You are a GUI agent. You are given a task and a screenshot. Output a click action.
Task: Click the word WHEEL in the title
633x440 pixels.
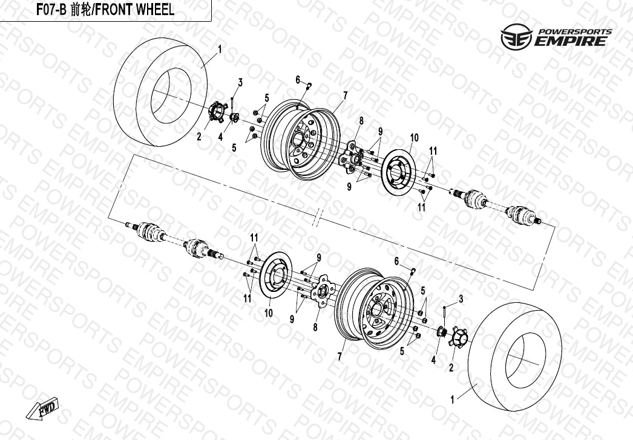154,10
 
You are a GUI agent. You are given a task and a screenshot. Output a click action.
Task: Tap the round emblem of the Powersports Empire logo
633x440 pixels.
516,37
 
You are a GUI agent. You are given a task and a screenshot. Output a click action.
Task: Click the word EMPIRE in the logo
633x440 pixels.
571,41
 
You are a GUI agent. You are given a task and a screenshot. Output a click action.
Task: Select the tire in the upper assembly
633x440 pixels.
161,92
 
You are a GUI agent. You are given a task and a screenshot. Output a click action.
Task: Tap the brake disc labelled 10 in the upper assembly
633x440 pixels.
398,173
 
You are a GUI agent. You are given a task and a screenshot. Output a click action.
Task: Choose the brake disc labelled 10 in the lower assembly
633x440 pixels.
275,276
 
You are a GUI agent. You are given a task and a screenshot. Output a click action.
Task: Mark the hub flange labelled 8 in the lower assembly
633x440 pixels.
323,291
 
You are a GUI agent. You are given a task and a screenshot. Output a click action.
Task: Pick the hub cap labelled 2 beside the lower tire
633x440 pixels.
457,337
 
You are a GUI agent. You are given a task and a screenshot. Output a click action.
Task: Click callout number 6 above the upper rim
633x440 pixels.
298,80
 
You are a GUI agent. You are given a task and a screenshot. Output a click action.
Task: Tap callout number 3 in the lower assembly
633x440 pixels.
461,299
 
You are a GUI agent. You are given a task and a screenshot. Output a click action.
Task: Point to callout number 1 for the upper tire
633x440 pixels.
220,50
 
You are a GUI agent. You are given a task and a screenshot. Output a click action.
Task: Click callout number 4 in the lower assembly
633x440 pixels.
433,360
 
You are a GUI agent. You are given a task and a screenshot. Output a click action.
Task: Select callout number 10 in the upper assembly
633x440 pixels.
415,138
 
